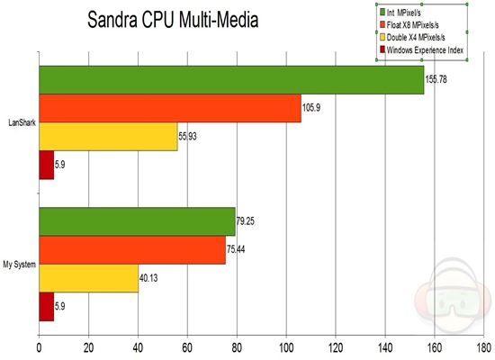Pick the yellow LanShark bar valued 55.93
pos(108,136)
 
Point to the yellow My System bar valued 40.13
pos(88,277)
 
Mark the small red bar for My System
pos(47,306)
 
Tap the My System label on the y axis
pos(19,265)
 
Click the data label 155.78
pos(437,81)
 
